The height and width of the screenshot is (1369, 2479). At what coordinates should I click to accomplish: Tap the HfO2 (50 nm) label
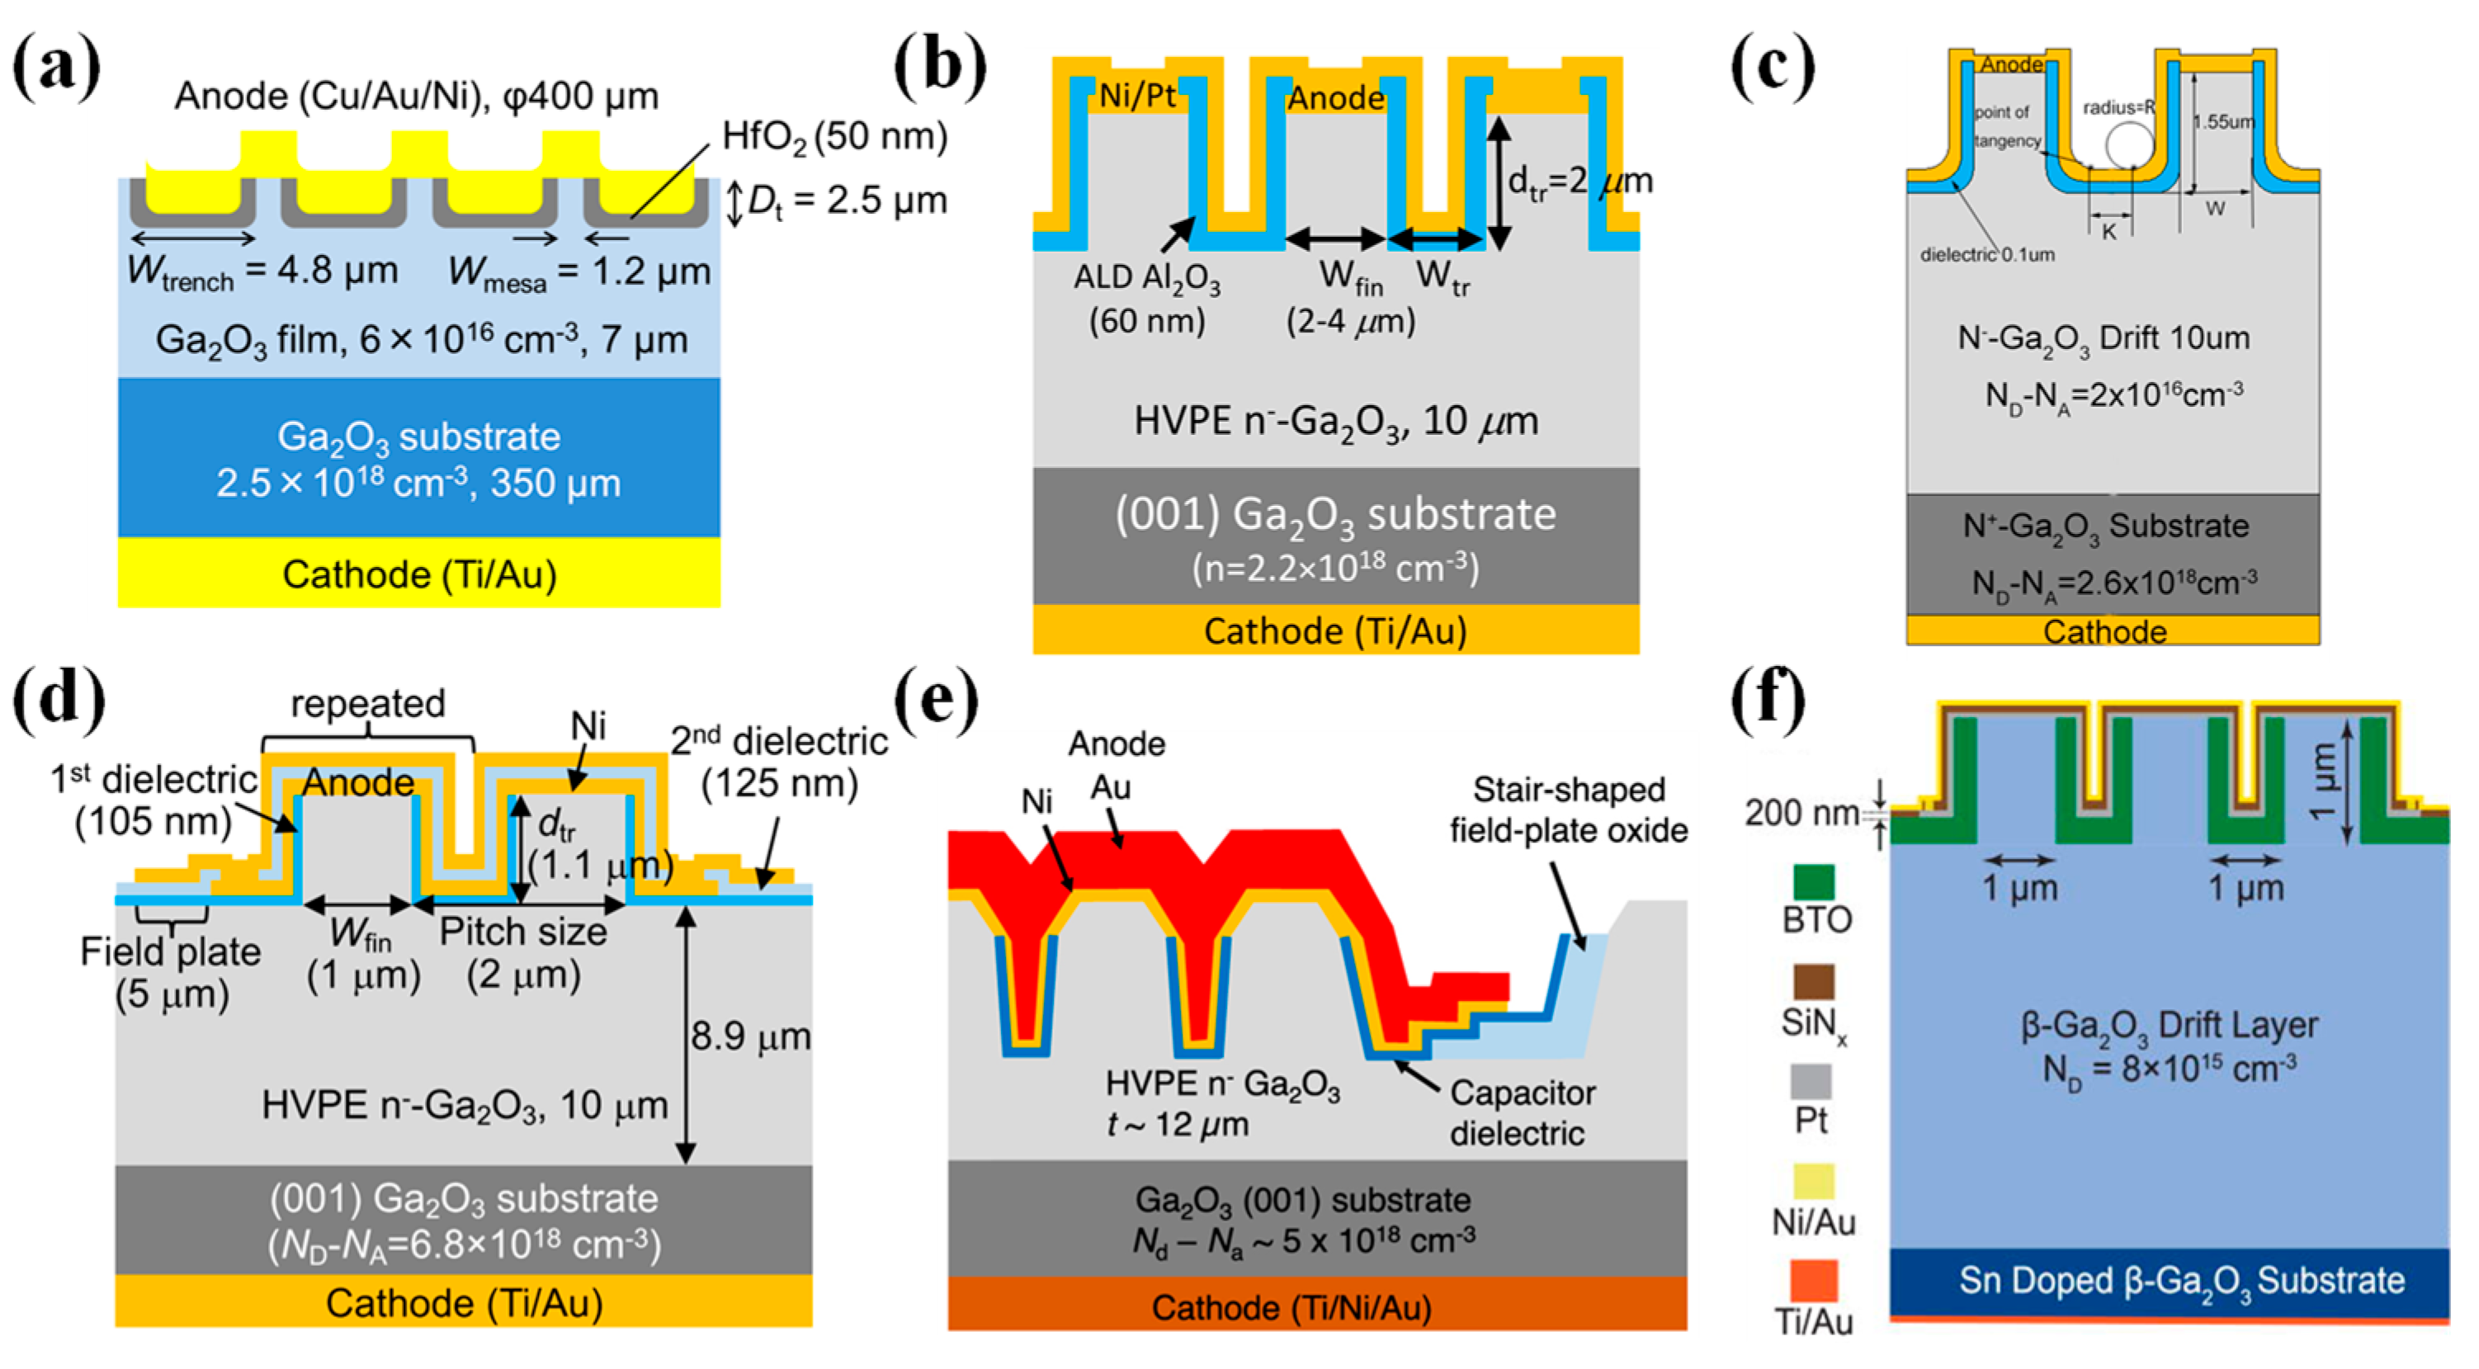pos(834,137)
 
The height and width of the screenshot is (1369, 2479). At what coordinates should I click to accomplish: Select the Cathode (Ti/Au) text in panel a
pos(418,574)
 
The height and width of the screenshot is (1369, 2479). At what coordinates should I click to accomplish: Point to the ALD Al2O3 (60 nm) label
pos(1147,298)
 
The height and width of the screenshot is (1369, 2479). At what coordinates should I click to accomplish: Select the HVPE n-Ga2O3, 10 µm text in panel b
pos(1336,420)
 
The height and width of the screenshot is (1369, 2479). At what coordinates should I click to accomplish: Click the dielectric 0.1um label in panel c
pos(1987,255)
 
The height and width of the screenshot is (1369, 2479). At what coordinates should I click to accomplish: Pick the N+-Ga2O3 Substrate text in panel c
pos(2106,526)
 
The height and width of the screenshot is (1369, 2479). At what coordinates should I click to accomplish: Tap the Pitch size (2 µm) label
pos(523,952)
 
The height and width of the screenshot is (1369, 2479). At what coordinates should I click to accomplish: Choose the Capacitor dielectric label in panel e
pos(1522,1113)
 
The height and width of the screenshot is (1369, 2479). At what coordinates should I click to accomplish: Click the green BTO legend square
pos(1813,881)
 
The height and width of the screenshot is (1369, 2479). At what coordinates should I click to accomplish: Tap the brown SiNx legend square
pos(1813,981)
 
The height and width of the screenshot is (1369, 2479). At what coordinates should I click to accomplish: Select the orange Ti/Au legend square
pos(1813,1281)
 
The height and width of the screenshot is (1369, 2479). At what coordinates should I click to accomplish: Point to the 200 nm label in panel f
pos(1801,813)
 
